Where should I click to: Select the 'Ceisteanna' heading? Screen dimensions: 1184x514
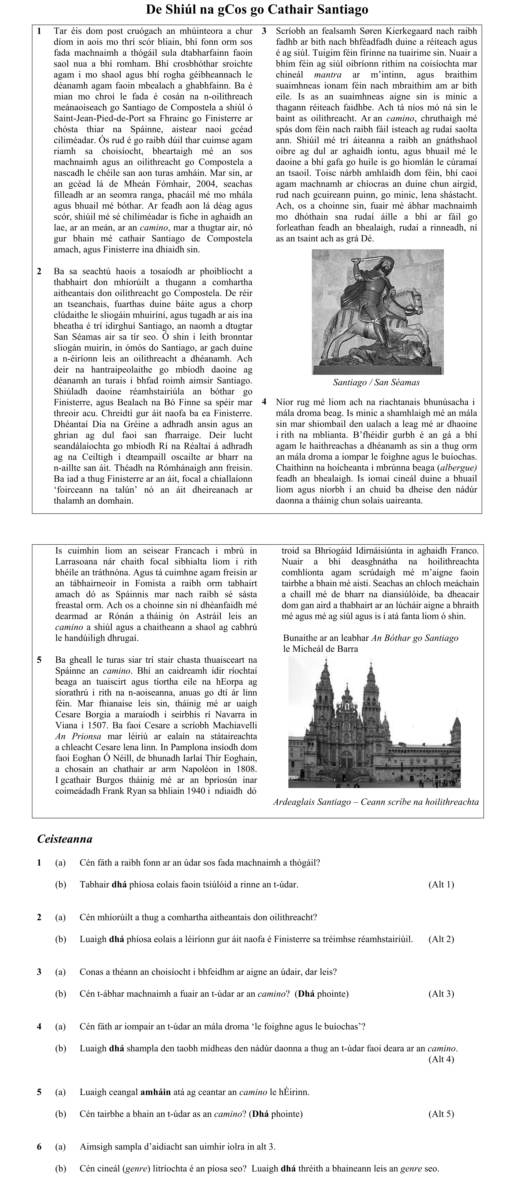pos(65,839)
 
